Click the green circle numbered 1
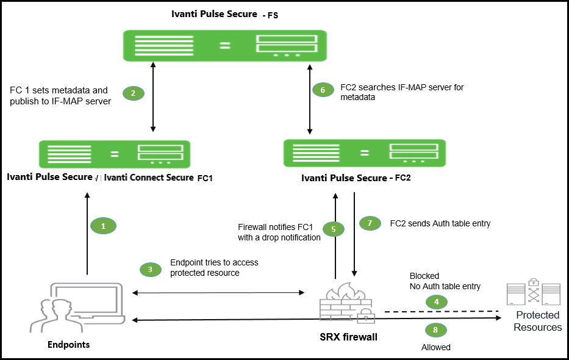tap(103, 226)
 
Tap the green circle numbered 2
tap(133, 93)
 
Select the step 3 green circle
tap(151, 269)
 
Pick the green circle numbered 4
tap(435, 301)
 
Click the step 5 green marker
tap(334, 229)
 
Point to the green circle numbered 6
tap(323, 90)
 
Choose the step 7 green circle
tap(370, 223)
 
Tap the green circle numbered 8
tap(435, 330)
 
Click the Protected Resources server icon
tap(534, 293)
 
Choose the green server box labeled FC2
tap(364, 153)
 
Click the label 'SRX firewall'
tap(348, 337)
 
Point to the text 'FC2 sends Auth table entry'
tap(439, 223)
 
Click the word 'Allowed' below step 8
tap(435, 347)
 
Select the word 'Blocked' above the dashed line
tap(424, 276)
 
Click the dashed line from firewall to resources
tap(439, 311)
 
